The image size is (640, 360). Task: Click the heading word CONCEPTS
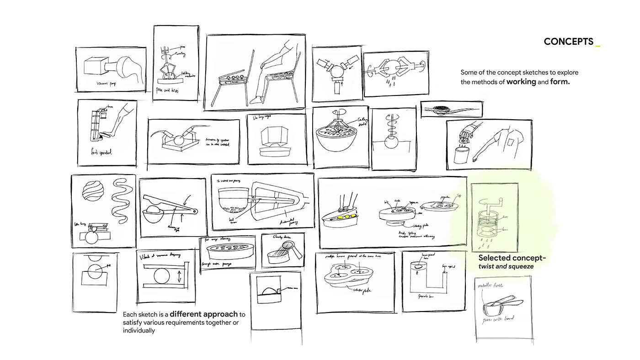[x=568, y=42]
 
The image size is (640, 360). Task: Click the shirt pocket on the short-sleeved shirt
[x=511, y=144]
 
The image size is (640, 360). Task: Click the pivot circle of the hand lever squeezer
[x=195, y=211]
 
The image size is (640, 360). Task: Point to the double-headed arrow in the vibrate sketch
[x=179, y=277]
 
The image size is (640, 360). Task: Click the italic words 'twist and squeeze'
[x=506, y=266]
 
